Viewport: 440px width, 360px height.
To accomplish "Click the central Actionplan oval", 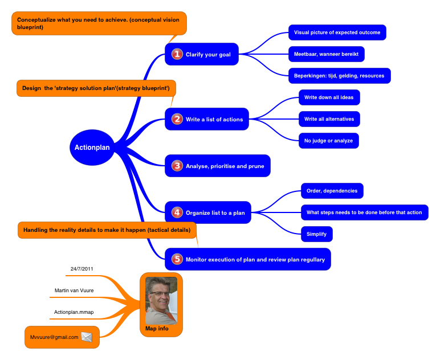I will click(x=92, y=148).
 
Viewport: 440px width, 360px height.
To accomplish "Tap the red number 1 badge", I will click(x=177, y=54).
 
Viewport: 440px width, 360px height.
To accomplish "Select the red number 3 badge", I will click(x=177, y=166).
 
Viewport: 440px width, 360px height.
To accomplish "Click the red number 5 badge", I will click(x=177, y=259).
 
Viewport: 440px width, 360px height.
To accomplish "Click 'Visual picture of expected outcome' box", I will click(x=337, y=32).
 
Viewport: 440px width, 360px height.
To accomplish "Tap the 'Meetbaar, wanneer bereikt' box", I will click(x=326, y=54).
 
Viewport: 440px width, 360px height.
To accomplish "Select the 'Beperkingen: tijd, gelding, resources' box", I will click(x=339, y=76).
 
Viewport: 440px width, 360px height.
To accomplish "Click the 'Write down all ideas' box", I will click(x=329, y=97).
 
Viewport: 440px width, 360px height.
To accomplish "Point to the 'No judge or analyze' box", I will click(x=328, y=141).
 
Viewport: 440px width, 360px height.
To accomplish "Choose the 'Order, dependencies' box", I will click(x=332, y=190).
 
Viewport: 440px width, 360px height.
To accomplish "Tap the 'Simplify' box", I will click(x=316, y=234).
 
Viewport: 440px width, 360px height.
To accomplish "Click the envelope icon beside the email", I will click(x=87, y=337).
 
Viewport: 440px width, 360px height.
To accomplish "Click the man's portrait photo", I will click(x=161, y=300).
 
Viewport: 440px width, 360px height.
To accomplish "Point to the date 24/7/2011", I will click(x=82, y=268).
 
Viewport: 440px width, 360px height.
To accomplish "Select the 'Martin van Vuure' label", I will click(x=74, y=291).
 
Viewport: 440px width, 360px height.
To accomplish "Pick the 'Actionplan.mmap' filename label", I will click(x=74, y=312).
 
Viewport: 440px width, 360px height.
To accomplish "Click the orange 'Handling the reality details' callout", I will click(x=108, y=230).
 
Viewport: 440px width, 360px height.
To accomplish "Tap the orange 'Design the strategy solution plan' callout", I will click(x=96, y=88).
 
